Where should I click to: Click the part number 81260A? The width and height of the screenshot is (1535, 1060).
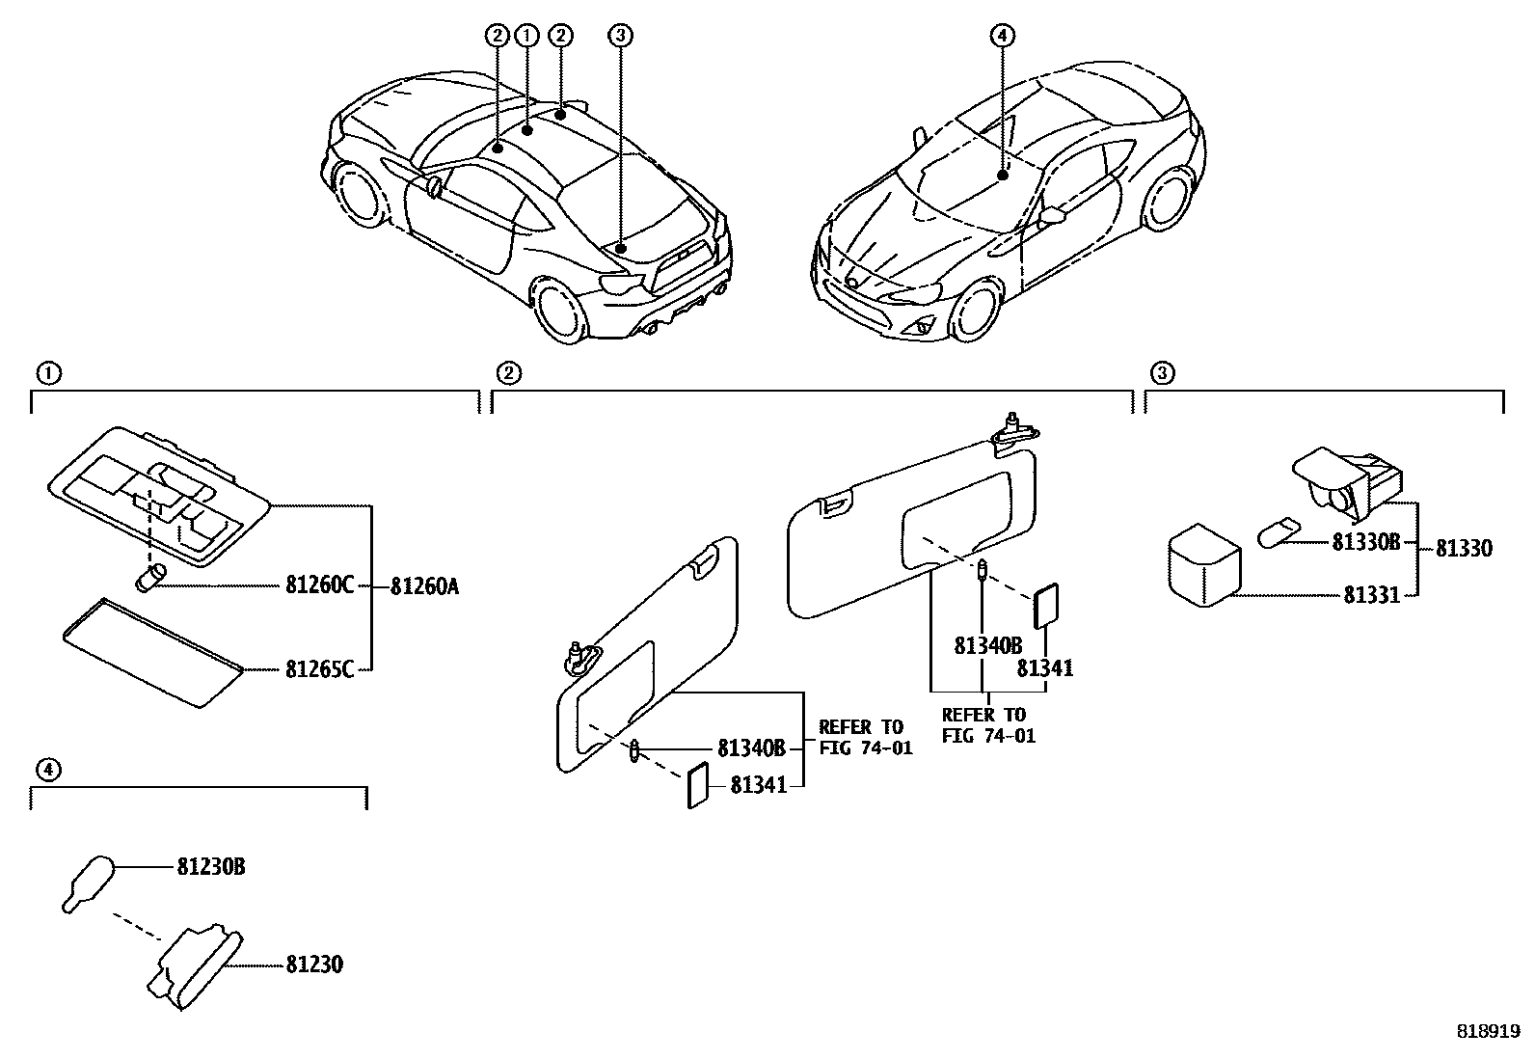coord(424,585)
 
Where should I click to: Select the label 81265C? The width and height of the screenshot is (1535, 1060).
coord(319,668)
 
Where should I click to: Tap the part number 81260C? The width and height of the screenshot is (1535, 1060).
coord(319,585)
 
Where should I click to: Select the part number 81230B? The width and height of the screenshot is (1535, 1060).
coord(210,867)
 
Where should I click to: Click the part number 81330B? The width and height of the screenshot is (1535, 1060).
coord(1365,542)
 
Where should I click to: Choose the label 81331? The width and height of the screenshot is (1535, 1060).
coord(1372,595)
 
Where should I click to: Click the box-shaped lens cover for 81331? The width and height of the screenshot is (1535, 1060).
coord(1204,565)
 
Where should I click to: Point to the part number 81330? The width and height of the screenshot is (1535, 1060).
coord(1464,548)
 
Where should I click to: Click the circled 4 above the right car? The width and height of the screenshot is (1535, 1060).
coord(1002,36)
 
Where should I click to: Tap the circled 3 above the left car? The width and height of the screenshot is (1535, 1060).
coord(620,36)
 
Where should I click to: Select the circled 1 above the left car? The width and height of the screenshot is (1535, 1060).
coord(526,36)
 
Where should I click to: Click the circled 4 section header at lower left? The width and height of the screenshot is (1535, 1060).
coord(47,769)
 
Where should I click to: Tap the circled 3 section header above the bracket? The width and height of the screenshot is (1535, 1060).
coord(1163,373)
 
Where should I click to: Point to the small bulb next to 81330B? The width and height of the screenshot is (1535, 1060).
coord(1278,532)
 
